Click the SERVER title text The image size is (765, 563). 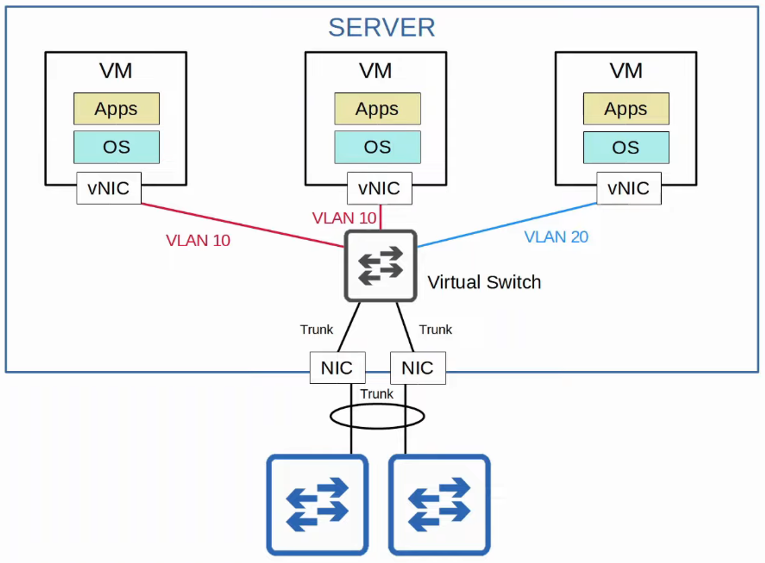382,28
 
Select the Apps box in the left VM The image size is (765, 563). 116,108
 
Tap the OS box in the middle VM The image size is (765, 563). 377,147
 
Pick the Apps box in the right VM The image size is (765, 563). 626,108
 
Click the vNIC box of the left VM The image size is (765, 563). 108,188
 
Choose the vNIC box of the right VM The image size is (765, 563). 628,188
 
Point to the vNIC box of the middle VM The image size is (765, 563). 379,188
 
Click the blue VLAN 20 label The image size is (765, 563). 556,237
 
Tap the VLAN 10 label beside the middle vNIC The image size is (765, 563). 344,218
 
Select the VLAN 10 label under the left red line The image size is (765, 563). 198,240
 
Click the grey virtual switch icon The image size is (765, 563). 380,266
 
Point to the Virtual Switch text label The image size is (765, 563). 484,282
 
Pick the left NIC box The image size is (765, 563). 337,368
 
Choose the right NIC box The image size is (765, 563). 418,368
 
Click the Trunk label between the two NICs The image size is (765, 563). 377,394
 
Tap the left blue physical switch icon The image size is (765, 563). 317,504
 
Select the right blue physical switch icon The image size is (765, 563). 439,504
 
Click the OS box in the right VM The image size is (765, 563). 626,147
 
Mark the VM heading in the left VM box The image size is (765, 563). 116,70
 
